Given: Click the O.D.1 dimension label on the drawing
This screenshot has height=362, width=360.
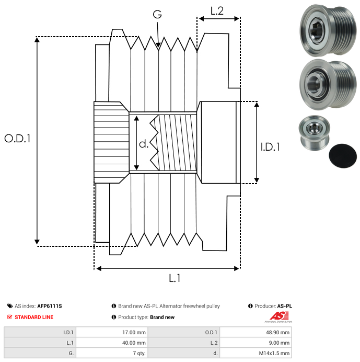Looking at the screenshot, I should point(18,139).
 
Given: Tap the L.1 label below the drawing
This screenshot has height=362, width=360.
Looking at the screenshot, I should point(175,278).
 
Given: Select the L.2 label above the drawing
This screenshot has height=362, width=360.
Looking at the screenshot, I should point(217,10).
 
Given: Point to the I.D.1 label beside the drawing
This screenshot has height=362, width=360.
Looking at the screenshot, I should point(270,148).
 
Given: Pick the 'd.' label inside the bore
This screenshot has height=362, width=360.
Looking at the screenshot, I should point(144,144).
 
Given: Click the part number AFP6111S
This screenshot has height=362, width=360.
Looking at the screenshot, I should point(53,306).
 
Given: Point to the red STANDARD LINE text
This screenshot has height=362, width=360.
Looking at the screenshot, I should point(33,317).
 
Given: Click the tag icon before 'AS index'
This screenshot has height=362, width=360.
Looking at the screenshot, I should point(10,306).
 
